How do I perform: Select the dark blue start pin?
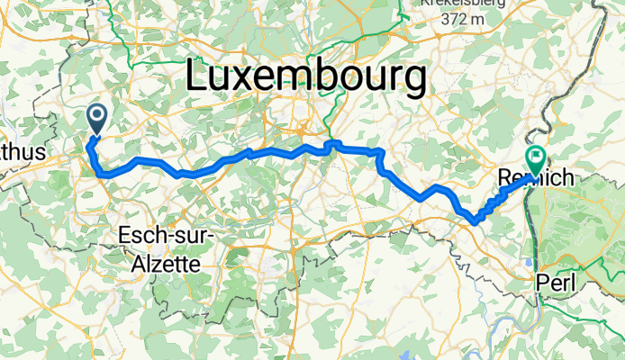pos(96,117)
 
